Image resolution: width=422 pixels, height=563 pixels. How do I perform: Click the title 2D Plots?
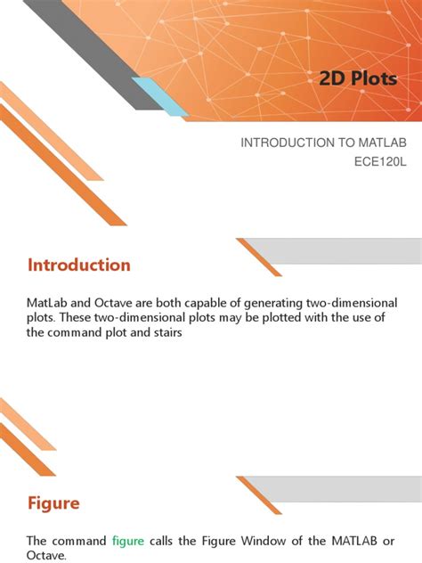pos(358,79)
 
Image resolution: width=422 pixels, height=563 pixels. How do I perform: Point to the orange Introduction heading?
pos(79,265)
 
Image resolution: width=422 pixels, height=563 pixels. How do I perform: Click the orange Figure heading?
pos(53,503)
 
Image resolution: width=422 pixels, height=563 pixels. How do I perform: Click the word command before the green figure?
pos(80,541)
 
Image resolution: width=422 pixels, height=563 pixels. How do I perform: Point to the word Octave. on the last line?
pos(47,555)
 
